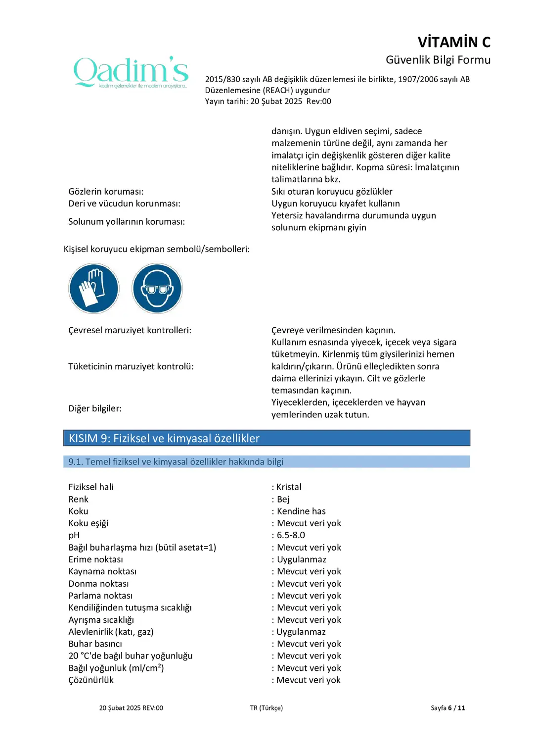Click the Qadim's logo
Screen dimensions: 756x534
(131, 72)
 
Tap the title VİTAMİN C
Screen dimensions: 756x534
(454, 42)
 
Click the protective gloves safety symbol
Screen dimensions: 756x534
(94, 288)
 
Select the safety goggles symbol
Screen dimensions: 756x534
(157, 288)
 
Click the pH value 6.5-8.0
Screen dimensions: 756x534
(291, 535)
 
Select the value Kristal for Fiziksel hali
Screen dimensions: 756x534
(289, 487)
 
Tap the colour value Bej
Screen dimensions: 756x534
(283, 499)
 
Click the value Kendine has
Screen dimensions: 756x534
(301, 511)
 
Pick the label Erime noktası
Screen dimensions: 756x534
(95, 559)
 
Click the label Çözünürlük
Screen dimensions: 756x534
(91, 680)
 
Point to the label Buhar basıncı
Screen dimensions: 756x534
(95, 644)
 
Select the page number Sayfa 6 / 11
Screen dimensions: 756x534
(447, 708)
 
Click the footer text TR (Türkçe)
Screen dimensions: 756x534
(267, 708)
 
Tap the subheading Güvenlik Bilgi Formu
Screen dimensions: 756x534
(438, 60)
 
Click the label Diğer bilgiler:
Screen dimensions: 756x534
(95, 408)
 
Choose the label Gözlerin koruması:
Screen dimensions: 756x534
(106, 192)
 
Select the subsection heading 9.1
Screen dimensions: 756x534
(176, 462)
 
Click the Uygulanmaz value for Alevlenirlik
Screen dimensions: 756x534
(301, 632)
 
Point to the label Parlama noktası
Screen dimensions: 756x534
(100, 596)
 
